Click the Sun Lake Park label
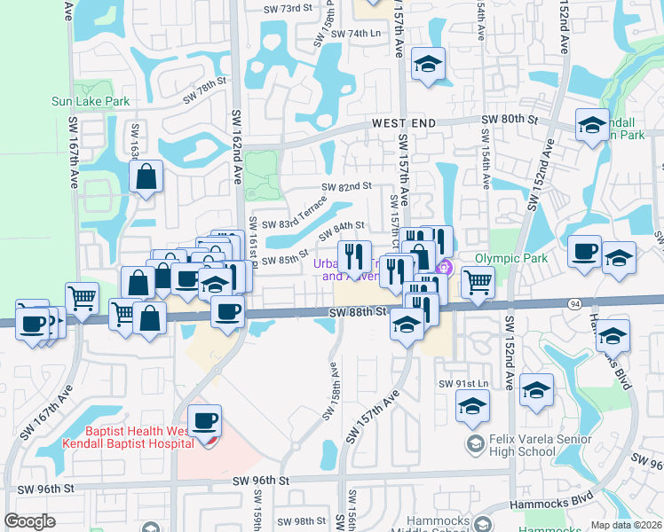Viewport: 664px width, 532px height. (91, 102)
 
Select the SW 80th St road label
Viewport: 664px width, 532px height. (510, 119)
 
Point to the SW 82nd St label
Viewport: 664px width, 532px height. (346, 186)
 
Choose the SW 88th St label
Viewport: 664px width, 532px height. (359, 312)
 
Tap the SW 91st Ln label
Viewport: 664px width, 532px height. (464, 383)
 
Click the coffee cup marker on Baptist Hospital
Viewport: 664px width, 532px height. (205, 421)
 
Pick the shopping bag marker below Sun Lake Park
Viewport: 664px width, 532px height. (146, 176)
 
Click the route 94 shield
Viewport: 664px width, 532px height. (576, 303)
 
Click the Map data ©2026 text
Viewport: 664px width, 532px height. (625, 525)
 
